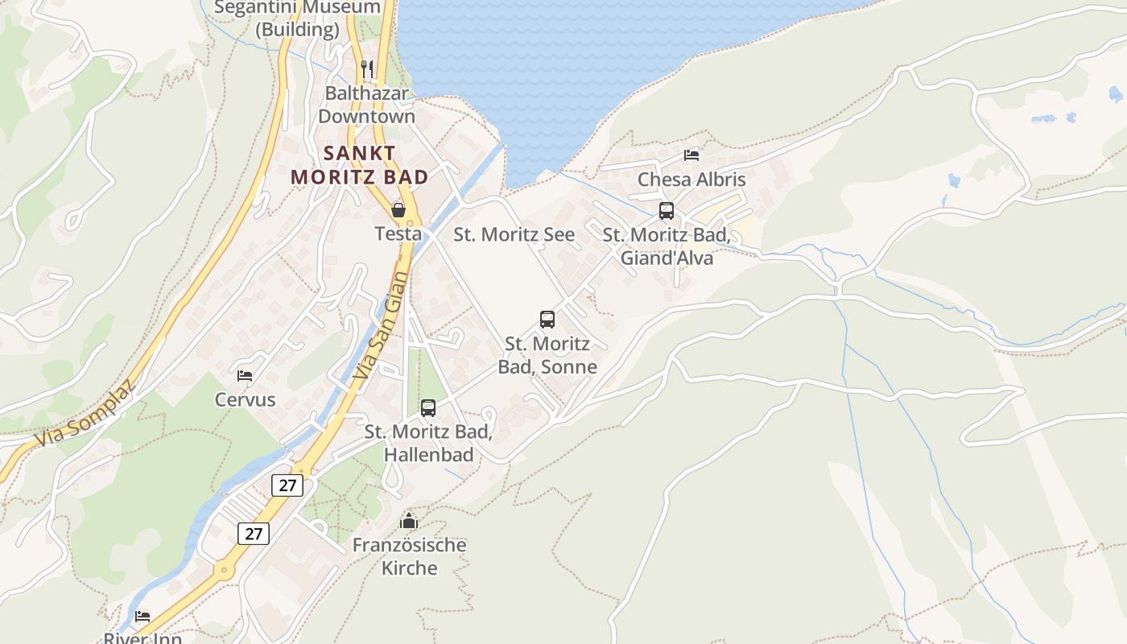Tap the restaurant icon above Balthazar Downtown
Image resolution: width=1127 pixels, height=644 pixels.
(x=367, y=69)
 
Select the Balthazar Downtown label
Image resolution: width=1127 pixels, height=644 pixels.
(x=366, y=105)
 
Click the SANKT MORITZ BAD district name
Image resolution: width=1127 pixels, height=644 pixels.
(x=359, y=164)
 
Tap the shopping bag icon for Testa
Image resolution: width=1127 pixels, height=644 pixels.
(x=398, y=210)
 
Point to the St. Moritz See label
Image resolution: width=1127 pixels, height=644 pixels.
(x=514, y=234)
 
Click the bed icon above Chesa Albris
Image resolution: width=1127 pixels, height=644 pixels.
(x=691, y=155)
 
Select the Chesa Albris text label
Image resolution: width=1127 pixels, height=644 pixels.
(x=691, y=179)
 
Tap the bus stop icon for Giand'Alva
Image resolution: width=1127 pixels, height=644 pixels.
(x=667, y=211)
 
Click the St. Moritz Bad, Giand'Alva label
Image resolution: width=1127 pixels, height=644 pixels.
(x=667, y=246)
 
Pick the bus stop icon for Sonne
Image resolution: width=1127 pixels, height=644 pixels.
(x=547, y=320)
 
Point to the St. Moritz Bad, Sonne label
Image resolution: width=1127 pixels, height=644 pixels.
(x=547, y=355)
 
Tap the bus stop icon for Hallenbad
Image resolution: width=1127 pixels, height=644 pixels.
(x=428, y=408)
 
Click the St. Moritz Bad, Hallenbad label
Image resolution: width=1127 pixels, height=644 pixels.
(x=428, y=443)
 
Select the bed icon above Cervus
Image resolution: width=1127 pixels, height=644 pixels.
(x=245, y=375)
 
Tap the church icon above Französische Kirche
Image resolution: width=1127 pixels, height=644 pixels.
(x=409, y=521)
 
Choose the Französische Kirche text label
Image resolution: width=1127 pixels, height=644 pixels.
(x=409, y=556)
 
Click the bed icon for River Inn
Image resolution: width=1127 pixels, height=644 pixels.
(x=142, y=617)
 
